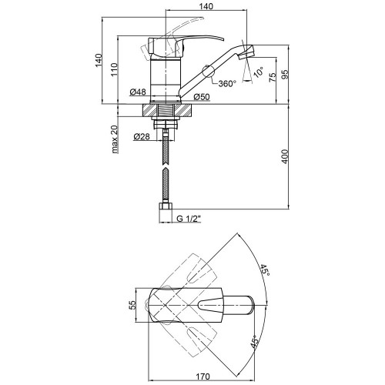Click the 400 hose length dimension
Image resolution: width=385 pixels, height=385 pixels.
pos(285,156)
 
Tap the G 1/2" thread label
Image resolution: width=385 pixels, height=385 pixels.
pos(189,219)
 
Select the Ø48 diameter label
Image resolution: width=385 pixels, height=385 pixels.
pos(138,92)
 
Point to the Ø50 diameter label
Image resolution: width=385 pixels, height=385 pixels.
pos(202,97)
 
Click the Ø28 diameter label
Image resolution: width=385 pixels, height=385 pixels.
pos(142,136)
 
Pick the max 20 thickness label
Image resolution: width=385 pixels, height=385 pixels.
pos(115,139)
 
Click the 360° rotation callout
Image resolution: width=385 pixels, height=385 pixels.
pos(227,83)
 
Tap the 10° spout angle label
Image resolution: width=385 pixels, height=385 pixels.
pos(258,72)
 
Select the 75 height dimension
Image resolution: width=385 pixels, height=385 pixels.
pos(273,77)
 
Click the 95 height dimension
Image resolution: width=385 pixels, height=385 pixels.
pos(285,74)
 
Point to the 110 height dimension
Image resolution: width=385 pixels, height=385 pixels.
pos(114,69)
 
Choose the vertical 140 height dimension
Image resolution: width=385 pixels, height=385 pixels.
pos(99,61)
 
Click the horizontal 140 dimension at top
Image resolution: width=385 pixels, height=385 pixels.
pos(206,6)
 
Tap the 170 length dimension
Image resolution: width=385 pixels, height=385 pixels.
pos(203,377)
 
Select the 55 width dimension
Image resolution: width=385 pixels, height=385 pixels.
pos(132,305)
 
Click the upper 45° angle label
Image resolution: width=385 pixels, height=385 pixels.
pos(265,270)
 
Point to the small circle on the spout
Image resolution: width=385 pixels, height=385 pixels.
pos(208,71)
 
